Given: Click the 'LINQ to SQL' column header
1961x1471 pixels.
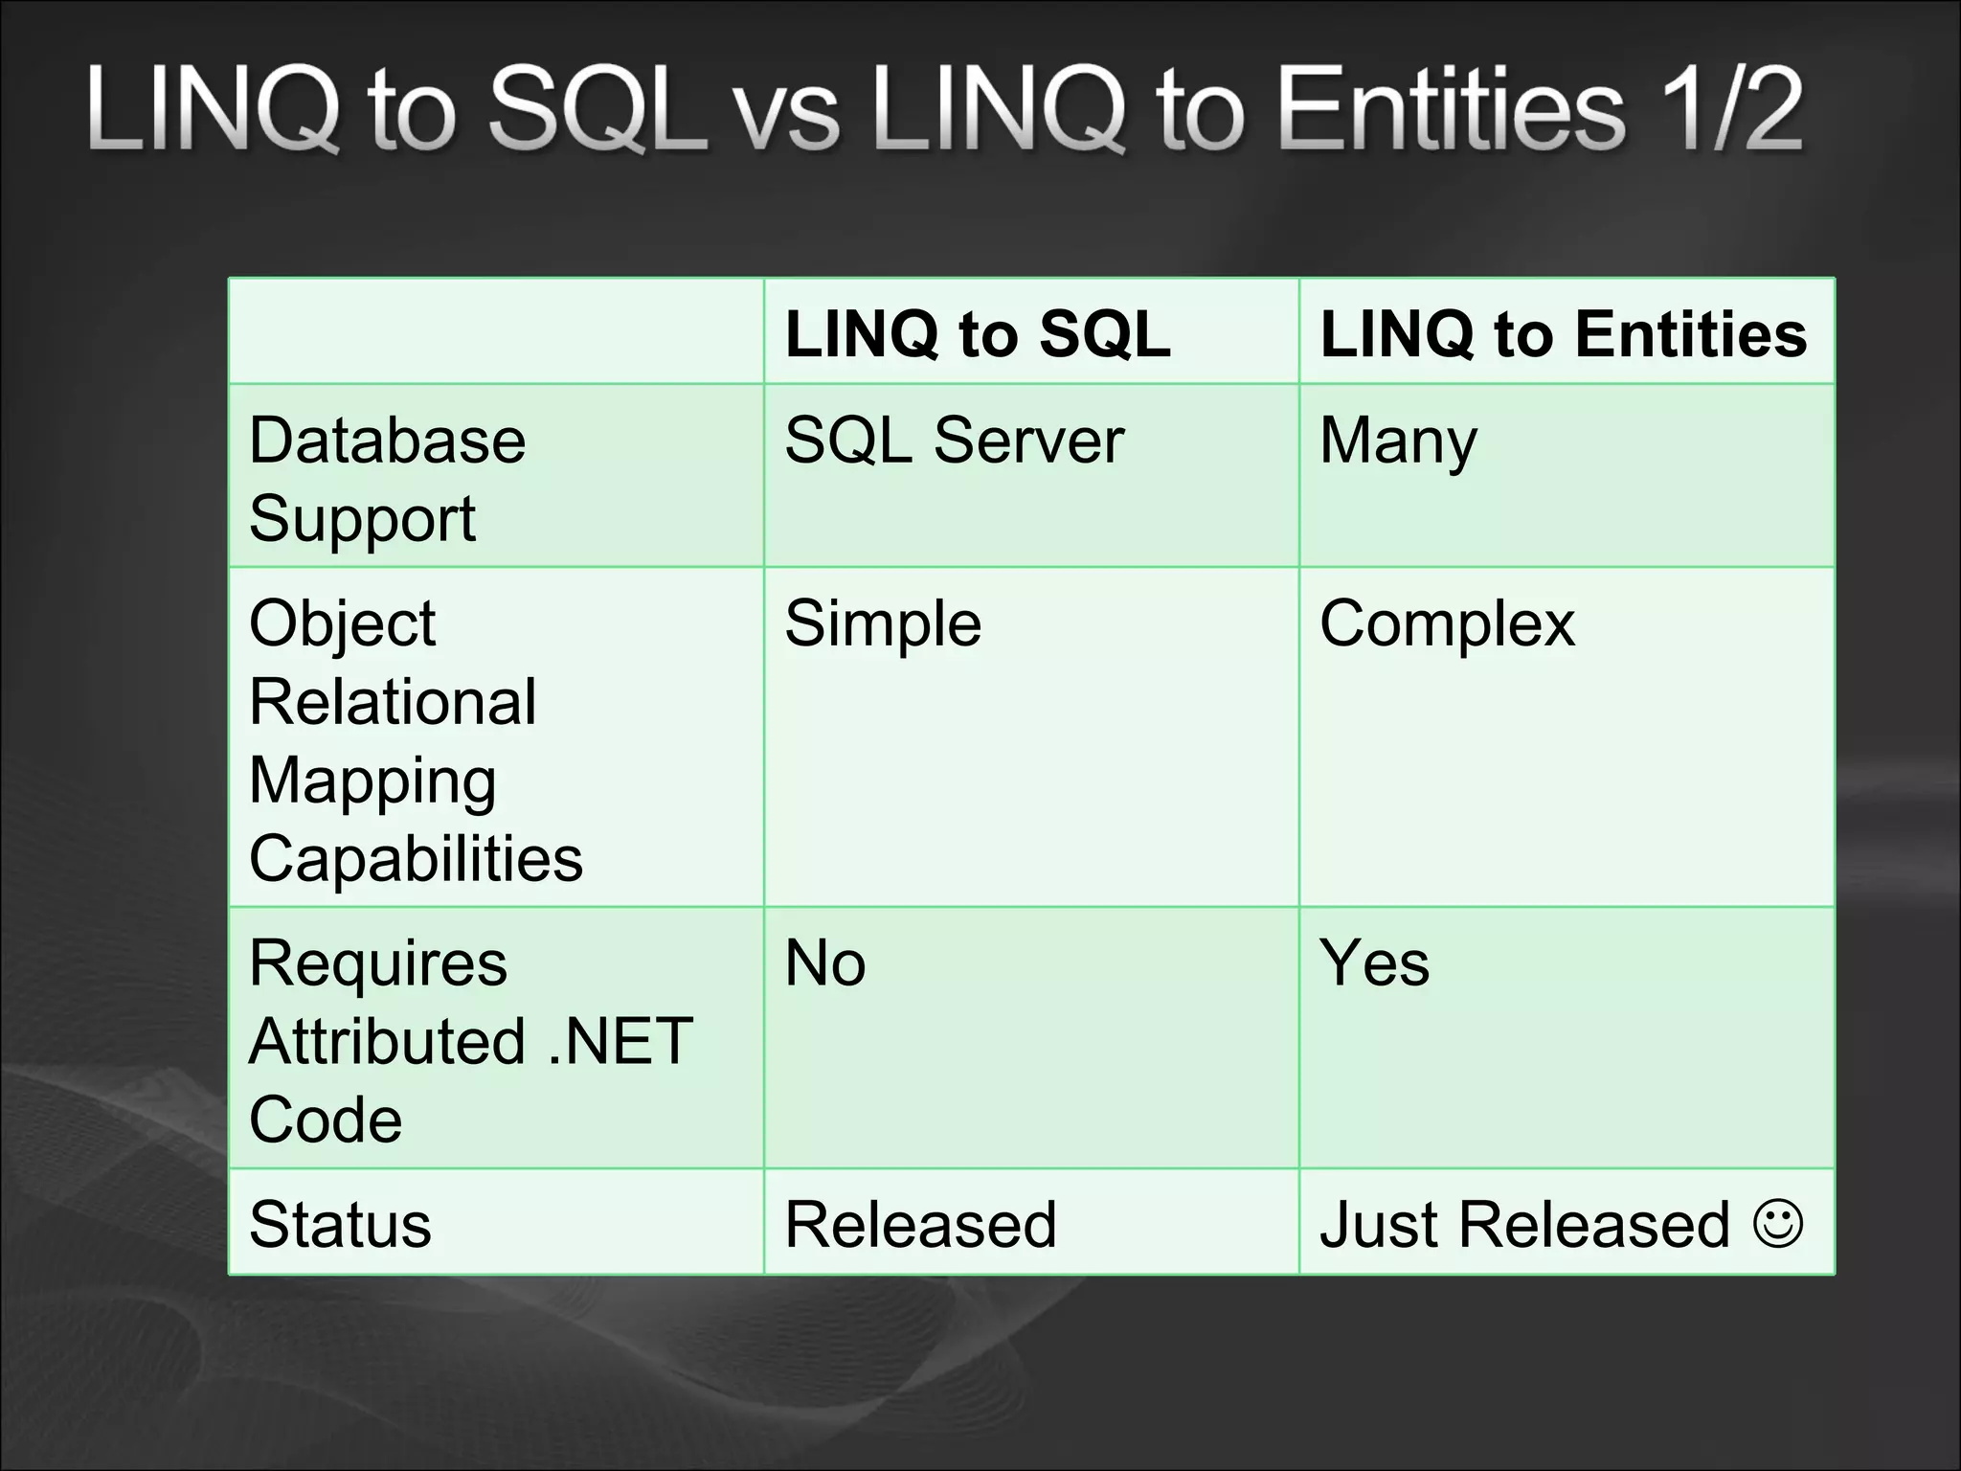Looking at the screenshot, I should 978,334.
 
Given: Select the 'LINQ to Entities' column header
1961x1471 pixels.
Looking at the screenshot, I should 1563,334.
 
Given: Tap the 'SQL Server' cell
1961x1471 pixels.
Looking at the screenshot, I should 954,441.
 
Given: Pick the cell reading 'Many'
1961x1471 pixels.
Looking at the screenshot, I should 1398,442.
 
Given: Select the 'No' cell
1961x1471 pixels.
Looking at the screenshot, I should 825,963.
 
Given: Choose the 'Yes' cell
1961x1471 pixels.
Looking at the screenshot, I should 1374,963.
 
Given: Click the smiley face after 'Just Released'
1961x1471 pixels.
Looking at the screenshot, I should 1779,1223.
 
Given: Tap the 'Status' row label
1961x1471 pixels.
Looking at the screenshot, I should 340,1225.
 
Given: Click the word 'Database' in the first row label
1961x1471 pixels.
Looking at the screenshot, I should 387,441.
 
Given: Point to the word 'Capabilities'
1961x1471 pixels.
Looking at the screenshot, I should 416,858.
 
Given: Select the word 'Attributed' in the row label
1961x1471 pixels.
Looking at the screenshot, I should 387,1041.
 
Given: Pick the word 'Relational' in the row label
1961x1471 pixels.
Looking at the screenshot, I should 393,702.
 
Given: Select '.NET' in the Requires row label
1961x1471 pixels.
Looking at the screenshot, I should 620,1041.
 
